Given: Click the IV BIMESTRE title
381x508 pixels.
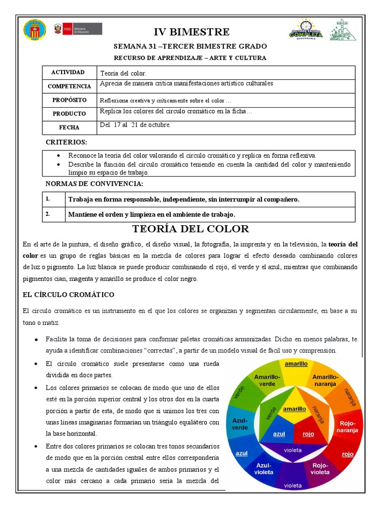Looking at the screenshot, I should pyautogui.click(x=191, y=32).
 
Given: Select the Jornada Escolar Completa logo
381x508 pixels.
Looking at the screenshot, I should pyautogui.click(x=306, y=29).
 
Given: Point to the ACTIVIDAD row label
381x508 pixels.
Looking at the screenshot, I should pyautogui.click(x=68, y=72).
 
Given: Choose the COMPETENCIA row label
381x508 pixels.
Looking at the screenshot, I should pyautogui.click(x=69, y=86).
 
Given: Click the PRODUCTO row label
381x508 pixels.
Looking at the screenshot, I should pyautogui.click(x=69, y=114).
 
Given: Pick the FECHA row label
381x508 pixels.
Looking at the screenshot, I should pyautogui.click(x=69, y=127).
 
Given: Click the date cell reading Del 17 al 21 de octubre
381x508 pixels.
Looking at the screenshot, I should pyautogui.click(x=135, y=125).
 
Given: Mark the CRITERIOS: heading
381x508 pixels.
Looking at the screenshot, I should pyautogui.click(x=66, y=142).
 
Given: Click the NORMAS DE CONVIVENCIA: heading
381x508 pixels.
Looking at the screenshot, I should pyautogui.click(x=94, y=184).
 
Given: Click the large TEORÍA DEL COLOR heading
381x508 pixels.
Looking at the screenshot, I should pyautogui.click(x=190, y=229).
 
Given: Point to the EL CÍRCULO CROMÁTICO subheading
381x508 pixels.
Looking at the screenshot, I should pyautogui.click(x=68, y=295).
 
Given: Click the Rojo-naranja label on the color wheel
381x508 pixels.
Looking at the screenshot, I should pyautogui.click(x=348, y=427).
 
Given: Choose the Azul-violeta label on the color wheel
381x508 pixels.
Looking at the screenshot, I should pyautogui.click(x=264, y=469).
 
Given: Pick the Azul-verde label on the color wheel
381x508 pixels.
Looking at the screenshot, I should pyautogui.click(x=240, y=424).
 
